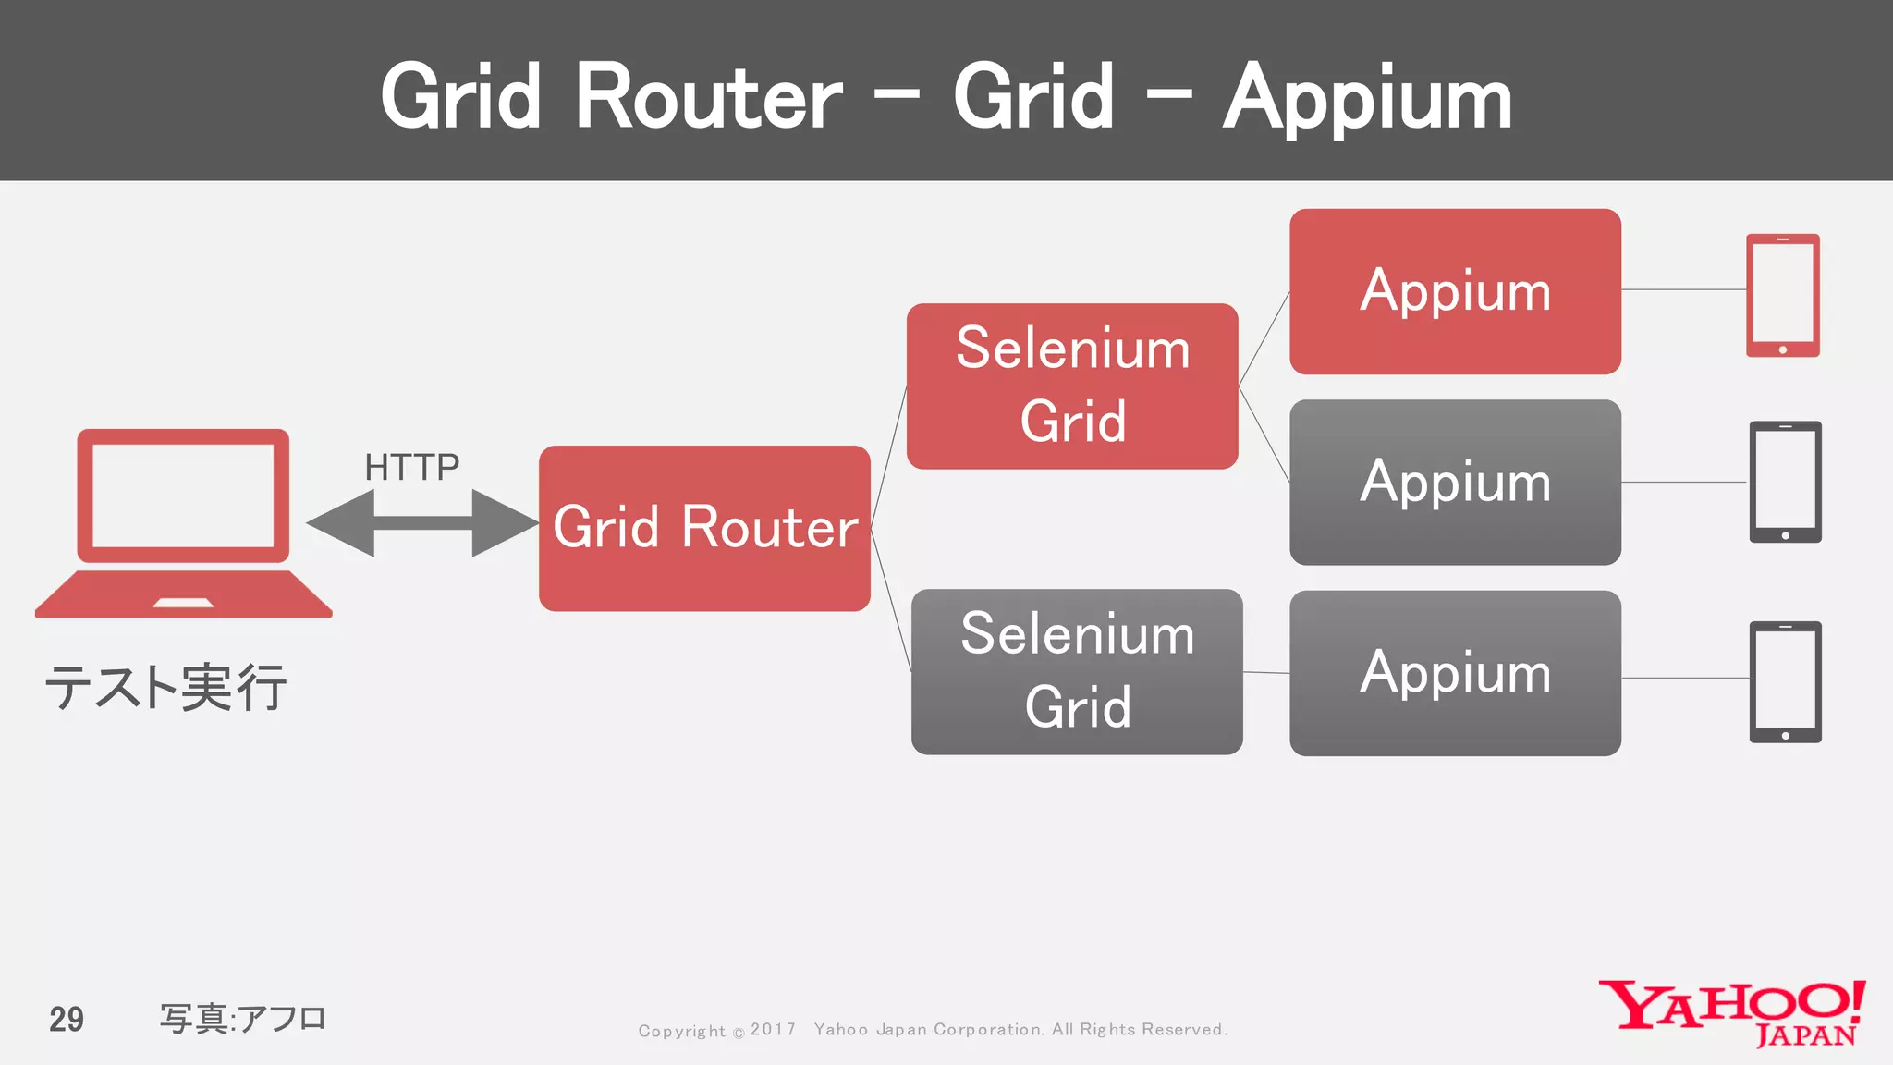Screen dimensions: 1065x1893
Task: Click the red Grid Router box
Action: tap(704, 528)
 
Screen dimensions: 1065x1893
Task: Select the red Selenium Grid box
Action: tap(1072, 386)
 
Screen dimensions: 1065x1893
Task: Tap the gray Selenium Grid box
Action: tap(1077, 671)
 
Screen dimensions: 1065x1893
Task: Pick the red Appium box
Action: tap(1455, 291)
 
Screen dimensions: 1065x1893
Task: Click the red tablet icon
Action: tap(1782, 295)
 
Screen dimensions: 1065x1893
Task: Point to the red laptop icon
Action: tap(183, 522)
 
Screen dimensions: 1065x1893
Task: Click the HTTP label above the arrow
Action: tap(411, 467)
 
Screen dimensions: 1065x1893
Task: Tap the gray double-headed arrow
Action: tap(422, 523)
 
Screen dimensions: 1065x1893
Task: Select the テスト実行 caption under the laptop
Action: tap(166, 688)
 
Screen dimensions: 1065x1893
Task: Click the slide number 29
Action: tap(67, 1020)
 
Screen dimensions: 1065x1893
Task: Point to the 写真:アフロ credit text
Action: tap(243, 1019)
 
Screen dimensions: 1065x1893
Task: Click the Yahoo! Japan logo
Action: tap(1731, 1013)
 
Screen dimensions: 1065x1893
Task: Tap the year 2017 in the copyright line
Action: tap(773, 1029)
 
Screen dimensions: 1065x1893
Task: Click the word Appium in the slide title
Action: tap(1367, 98)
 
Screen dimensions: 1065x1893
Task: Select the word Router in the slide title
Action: tap(709, 98)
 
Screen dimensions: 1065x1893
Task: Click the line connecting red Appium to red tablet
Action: tap(1683, 289)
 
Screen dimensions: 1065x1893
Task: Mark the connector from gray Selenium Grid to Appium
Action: tap(1266, 673)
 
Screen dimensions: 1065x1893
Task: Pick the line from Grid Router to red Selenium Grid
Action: tap(888, 457)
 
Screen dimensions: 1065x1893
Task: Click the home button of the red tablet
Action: tap(1782, 349)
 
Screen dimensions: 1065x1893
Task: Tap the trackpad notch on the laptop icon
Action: tap(183, 604)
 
